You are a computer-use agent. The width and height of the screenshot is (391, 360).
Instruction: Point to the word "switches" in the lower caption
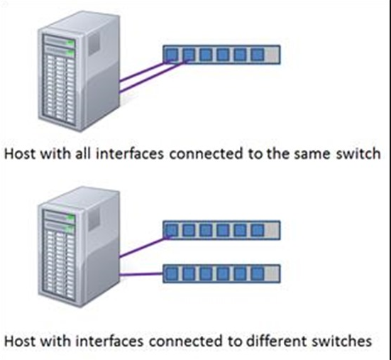pos(341,341)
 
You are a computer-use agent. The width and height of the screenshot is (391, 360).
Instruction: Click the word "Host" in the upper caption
pos(20,153)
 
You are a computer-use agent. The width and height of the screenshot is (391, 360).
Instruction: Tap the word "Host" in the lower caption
pos(20,341)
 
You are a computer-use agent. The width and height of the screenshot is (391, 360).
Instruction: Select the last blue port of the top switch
pos(258,55)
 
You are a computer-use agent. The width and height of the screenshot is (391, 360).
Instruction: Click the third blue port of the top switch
pos(206,55)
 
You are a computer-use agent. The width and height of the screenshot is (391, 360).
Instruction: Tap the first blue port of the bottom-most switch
pos(172,273)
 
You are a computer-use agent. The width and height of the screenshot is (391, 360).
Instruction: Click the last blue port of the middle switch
pos(258,230)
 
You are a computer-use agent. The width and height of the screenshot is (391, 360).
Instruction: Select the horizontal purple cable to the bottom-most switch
pos(141,275)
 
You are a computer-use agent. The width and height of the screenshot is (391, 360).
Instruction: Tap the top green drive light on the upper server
pos(71,43)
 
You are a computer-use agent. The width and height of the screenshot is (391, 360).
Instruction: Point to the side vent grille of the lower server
pos(94,219)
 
